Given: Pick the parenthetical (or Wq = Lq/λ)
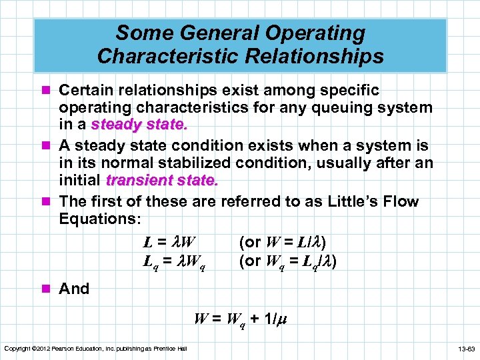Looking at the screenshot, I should (287, 263).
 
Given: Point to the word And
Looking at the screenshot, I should (74, 289).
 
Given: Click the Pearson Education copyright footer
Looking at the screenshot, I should (95, 349).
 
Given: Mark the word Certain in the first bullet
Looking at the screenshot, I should (85, 90).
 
